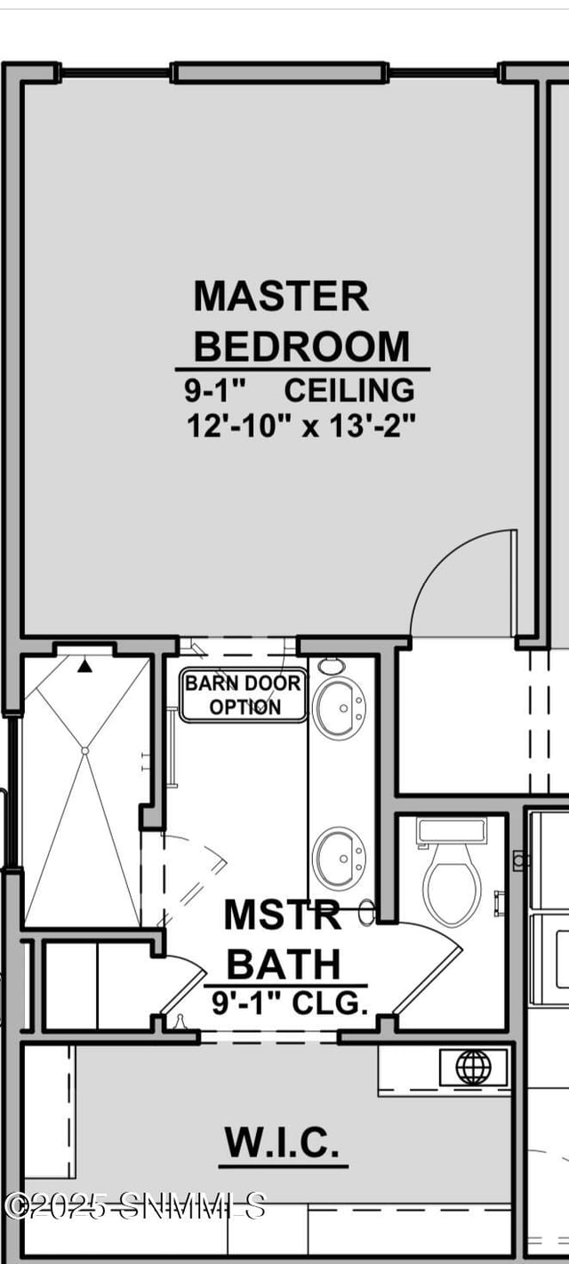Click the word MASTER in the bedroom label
[x=281, y=296]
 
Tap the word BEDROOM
[x=301, y=346]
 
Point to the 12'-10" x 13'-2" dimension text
[x=301, y=426]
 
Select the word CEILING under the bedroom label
[x=349, y=390]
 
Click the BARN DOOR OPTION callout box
[x=244, y=695]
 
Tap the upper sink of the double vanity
[x=339, y=707]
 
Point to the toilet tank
[x=452, y=830]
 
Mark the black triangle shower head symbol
[x=84, y=667]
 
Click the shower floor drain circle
[x=84, y=751]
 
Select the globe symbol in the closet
[x=473, y=1067]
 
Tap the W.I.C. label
[x=282, y=1141]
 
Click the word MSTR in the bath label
[x=282, y=914]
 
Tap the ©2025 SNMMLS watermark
[x=134, y=1205]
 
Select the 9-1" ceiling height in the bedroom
[x=216, y=390]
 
